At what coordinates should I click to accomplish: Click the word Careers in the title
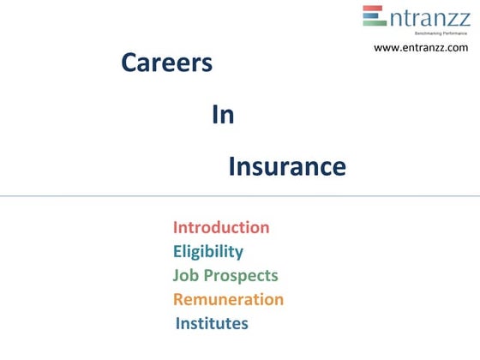(x=166, y=63)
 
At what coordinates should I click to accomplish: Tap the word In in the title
(x=223, y=115)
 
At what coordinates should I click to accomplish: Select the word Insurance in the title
(x=287, y=166)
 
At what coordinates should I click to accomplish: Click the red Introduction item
(x=221, y=227)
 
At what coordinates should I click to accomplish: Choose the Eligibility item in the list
(x=208, y=251)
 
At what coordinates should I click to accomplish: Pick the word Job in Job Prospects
(x=184, y=276)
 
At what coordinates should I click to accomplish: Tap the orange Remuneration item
(x=228, y=300)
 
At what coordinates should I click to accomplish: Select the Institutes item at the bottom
(x=212, y=324)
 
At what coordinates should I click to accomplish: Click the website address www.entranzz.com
(x=421, y=48)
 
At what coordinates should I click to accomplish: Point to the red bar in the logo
(x=374, y=9)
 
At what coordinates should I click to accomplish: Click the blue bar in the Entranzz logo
(x=374, y=17)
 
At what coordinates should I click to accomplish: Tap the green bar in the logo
(x=374, y=25)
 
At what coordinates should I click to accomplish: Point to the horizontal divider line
(x=240, y=196)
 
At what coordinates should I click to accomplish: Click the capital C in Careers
(x=129, y=63)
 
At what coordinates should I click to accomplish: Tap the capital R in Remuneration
(x=179, y=300)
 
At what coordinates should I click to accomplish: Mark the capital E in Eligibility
(x=177, y=251)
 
